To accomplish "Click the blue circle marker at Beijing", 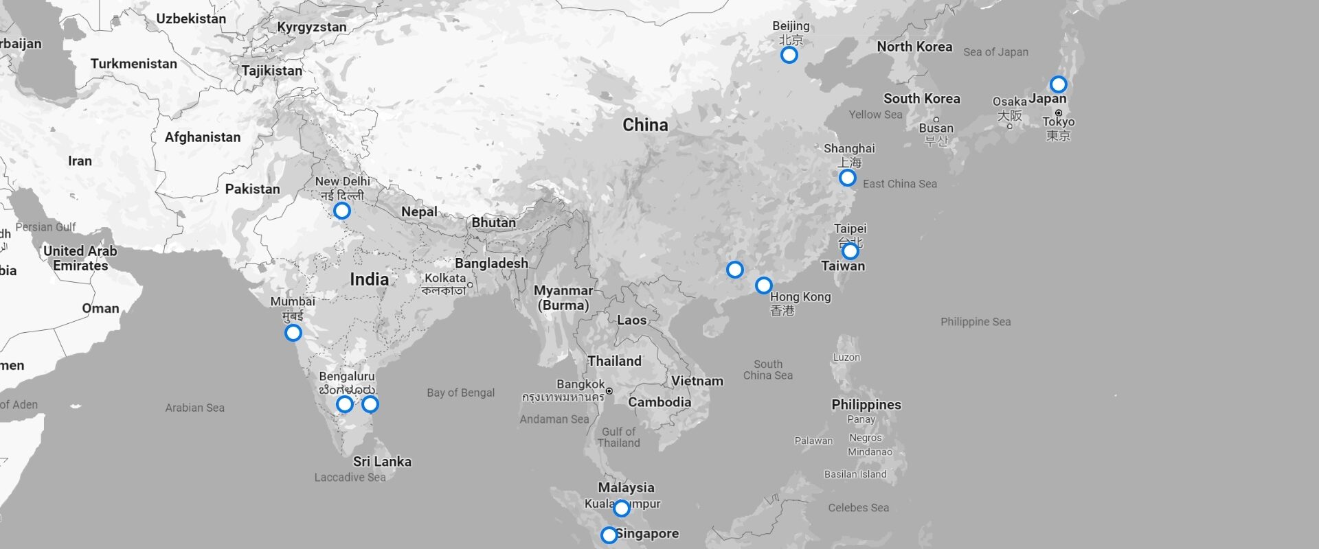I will [x=789, y=55].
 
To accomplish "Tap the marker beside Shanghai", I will [x=847, y=178].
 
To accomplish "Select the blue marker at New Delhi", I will [x=341, y=211].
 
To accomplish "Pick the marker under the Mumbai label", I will [x=293, y=333].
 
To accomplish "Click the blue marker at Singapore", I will [x=609, y=535].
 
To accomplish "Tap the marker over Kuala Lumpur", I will [x=621, y=508].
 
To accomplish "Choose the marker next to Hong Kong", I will [x=763, y=285].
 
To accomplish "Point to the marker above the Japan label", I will [x=1058, y=84].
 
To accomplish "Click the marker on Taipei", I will [x=850, y=250].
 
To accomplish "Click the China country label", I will [x=645, y=125].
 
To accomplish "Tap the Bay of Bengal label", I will [x=460, y=393].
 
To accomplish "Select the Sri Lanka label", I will [x=382, y=461].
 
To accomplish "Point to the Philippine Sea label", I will [x=976, y=321].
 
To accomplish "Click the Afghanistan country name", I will [x=203, y=137].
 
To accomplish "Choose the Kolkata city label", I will [x=444, y=278].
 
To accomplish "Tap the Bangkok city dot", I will [x=609, y=391].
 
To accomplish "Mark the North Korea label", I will [x=914, y=47].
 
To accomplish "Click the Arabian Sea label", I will [x=194, y=408].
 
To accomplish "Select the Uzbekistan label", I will [x=191, y=19].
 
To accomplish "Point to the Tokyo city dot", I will [x=1059, y=113].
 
